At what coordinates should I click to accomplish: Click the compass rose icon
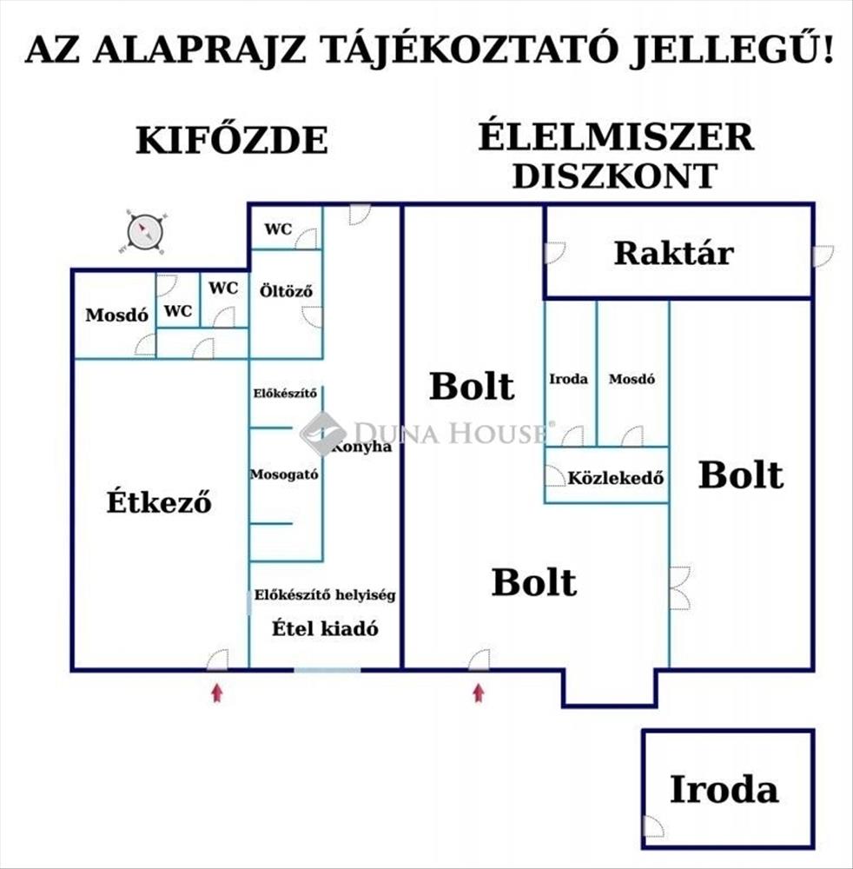[144, 232]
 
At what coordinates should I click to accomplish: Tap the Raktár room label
[674, 253]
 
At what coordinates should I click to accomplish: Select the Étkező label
[159, 501]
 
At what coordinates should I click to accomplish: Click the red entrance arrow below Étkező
[217, 693]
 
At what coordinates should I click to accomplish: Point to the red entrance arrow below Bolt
[479, 693]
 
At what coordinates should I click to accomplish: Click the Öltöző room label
[286, 291]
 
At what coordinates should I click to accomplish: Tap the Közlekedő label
[615, 478]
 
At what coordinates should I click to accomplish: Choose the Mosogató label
[284, 475]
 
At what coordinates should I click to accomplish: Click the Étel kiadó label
[325, 628]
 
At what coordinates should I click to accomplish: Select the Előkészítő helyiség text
[325, 595]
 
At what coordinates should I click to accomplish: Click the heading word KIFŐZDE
[232, 139]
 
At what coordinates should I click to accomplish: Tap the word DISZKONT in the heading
[615, 176]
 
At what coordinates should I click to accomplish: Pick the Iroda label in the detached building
[724, 789]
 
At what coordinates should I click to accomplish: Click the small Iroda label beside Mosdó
[568, 379]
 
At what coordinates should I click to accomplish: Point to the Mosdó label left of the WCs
[117, 315]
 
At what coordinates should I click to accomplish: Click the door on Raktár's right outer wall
[823, 256]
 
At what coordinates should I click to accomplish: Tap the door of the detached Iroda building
[653, 826]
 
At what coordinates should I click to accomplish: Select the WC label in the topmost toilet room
[278, 229]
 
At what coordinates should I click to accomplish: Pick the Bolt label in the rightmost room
[741, 475]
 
